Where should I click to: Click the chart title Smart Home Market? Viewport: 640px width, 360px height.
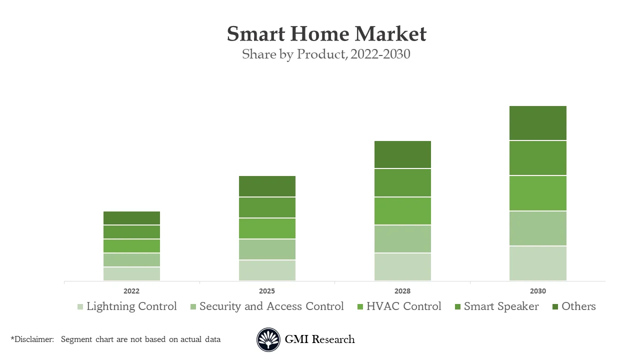[x=326, y=34]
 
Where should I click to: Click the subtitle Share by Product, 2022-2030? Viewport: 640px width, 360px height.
[x=326, y=54]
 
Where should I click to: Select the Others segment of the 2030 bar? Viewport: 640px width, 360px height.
[x=537, y=123]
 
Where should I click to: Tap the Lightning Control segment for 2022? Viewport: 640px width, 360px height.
[x=131, y=274]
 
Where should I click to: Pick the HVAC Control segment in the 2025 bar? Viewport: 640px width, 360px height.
[x=267, y=228]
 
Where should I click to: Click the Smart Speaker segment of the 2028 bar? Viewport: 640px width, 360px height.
[x=402, y=183]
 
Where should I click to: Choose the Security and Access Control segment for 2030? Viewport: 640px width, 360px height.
[x=537, y=228]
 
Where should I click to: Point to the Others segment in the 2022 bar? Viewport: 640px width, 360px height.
[x=131, y=218]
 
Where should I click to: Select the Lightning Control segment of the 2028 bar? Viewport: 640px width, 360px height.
[x=402, y=267]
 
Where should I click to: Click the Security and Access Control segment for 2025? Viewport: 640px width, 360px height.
[x=267, y=249]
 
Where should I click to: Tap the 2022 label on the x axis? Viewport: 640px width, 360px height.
[x=131, y=291]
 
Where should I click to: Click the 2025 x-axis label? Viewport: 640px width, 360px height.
[x=267, y=291]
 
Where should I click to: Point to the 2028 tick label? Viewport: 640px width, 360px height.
[x=402, y=291]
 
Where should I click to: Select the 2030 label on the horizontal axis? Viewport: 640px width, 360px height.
[x=537, y=291]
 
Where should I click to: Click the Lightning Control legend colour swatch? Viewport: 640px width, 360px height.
[x=80, y=306]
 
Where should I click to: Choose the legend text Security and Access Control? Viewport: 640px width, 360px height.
[x=271, y=306]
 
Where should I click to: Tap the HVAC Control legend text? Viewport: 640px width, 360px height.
[x=403, y=306]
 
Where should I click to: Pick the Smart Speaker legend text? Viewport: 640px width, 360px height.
[x=501, y=306]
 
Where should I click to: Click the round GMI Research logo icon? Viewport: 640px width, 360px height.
[x=268, y=339]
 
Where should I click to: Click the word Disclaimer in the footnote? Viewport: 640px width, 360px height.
[x=33, y=339]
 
